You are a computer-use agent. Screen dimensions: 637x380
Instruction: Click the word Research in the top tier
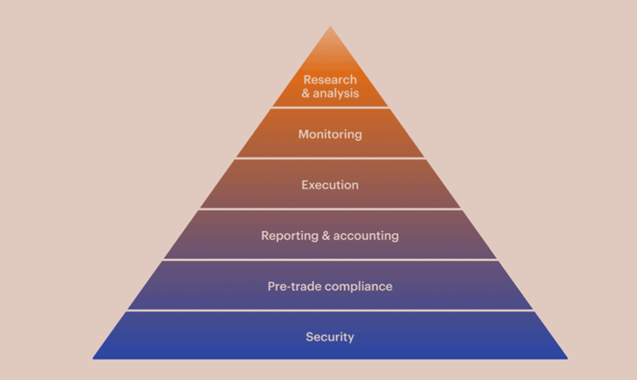click(x=330, y=79)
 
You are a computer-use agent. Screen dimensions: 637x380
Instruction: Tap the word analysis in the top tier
click(x=336, y=93)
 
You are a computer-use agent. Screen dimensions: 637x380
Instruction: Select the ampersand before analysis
click(x=306, y=93)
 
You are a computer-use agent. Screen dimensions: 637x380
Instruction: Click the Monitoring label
click(x=330, y=135)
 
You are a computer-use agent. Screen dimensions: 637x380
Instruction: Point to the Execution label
click(x=330, y=185)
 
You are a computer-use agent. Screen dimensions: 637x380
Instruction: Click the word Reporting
click(x=289, y=236)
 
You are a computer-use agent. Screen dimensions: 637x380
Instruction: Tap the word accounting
click(x=366, y=236)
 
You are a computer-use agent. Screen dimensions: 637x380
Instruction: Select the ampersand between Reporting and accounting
click(x=326, y=236)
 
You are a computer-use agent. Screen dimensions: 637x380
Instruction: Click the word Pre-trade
click(x=295, y=286)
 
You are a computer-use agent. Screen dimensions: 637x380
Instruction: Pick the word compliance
click(x=359, y=287)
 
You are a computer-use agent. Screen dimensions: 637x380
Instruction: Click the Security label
click(x=330, y=337)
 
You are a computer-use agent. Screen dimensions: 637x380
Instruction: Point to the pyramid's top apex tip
click(x=330, y=26)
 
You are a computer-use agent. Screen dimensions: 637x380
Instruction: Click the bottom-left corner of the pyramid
click(x=93, y=359)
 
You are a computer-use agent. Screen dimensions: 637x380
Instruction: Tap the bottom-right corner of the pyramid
click(x=567, y=359)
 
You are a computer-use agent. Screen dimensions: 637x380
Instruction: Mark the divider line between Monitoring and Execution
click(x=330, y=158)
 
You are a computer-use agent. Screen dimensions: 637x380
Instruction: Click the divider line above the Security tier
click(x=330, y=311)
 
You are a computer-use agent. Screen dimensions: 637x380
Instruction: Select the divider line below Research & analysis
click(x=330, y=107)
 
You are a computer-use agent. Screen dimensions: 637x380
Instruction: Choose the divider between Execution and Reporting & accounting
click(x=330, y=209)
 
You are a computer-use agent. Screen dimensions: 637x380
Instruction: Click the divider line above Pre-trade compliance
click(x=330, y=259)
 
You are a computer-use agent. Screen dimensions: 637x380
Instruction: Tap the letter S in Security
click(x=310, y=337)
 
